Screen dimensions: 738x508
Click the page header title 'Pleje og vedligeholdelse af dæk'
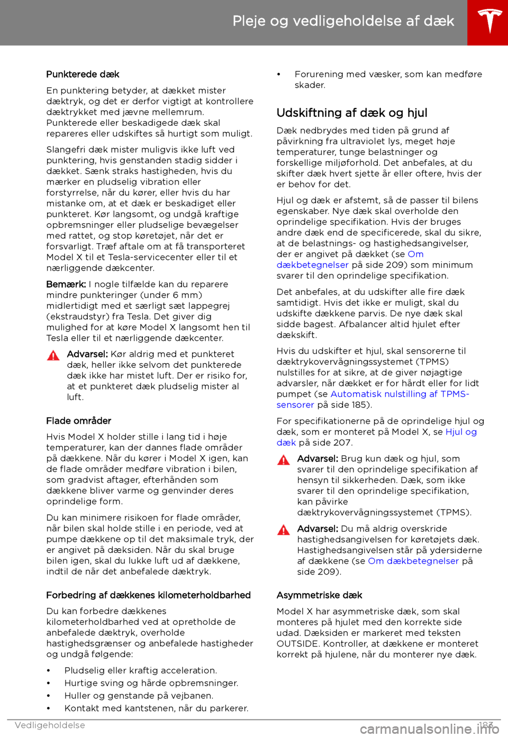point(343,21)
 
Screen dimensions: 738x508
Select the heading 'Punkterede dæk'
point(83,75)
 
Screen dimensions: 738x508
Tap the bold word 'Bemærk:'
point(66,284)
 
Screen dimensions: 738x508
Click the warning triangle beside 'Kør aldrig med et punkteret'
point(53,355)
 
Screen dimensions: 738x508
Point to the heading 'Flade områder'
point(78,421)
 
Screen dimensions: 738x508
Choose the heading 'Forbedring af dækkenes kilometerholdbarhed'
point(148,595)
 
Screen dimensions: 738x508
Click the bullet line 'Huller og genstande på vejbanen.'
point(139,696)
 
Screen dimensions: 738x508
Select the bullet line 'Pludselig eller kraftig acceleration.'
point(140,670)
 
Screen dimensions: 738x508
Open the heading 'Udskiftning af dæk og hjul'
point(352,113)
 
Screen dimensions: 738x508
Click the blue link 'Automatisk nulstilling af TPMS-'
point(400,394)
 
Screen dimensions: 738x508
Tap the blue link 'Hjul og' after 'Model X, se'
point(461,432)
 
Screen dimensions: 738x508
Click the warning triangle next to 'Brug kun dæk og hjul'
point(284,460)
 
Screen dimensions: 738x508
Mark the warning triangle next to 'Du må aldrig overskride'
point(284,530)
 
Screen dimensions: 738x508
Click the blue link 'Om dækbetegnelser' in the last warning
point(413,561)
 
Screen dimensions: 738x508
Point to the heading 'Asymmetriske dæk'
point(319,595)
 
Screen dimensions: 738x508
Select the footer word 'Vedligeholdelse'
point(50,725)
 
